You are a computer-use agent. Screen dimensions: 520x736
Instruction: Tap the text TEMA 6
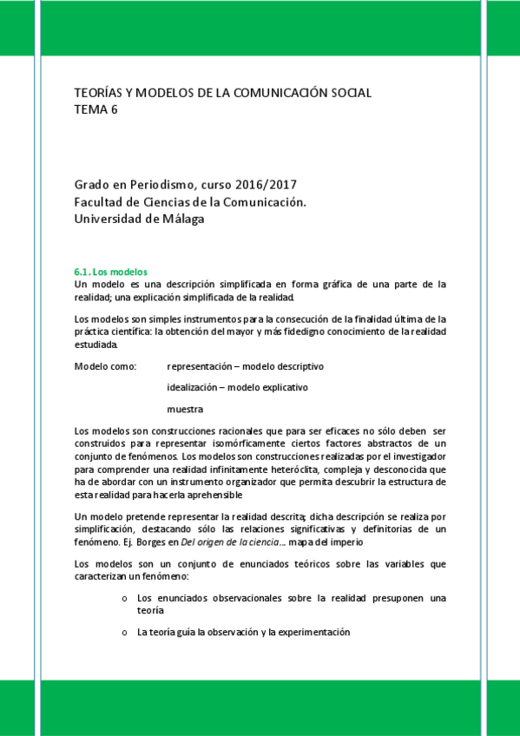pos(95,109)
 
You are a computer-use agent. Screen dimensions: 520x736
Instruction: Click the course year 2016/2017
pos(267,186)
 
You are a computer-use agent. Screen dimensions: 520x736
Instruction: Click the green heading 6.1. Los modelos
pos(112,271)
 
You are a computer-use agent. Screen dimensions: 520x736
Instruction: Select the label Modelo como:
pos(106,366)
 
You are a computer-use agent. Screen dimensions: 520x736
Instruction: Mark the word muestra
pos(185,408)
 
